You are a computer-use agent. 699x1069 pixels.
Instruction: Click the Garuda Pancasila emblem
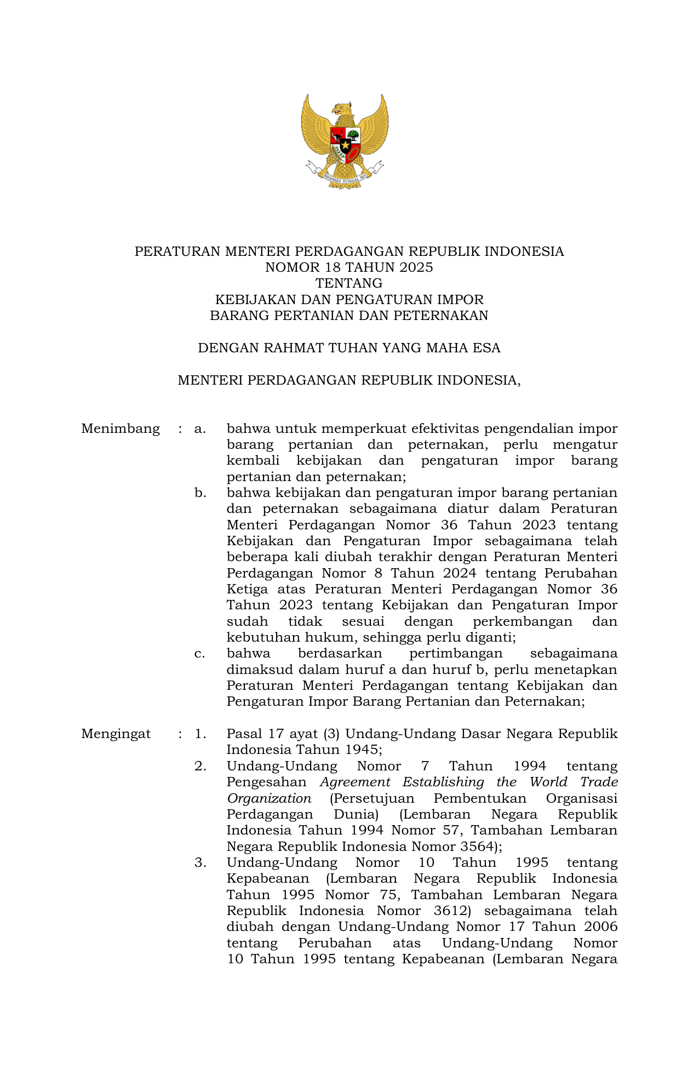(345, 141)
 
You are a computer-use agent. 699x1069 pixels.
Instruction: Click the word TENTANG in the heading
(349, 283)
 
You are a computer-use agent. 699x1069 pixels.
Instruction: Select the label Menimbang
(121, 428)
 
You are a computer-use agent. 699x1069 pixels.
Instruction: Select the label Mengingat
(116, 734)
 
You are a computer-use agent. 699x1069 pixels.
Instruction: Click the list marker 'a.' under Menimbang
(200, 428)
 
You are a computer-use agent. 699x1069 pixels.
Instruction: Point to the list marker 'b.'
(200, 493)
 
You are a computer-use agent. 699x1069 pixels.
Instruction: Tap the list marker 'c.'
(200, 653)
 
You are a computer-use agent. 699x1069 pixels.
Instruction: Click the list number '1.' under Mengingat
(200, 734)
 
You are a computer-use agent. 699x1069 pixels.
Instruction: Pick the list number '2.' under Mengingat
(200, 766)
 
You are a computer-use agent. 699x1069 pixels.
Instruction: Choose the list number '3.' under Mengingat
(200, 862)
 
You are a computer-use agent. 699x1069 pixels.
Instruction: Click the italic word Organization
(269, 798)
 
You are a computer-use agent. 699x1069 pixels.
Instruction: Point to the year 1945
(361, 750)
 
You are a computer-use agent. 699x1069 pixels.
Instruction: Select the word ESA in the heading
(488, 348)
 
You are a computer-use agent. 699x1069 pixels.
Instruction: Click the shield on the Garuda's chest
(345, 145)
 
